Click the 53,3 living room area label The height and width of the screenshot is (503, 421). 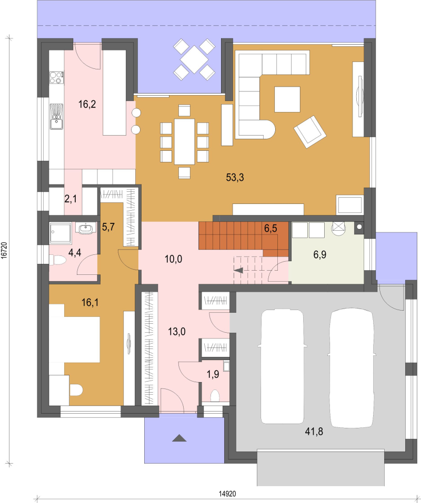tap(235, 177)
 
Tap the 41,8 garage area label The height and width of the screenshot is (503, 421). tap(314, 432)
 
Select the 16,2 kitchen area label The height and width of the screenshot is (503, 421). tap(87, 104)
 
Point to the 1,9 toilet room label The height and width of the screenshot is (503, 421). tap(213, 374)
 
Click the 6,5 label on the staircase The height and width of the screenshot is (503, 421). tap(270, 229)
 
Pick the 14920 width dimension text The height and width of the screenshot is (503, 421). tap(227, 494)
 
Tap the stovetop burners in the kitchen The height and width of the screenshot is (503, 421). tap(56, 77)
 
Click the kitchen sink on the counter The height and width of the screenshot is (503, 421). tap(56, 116)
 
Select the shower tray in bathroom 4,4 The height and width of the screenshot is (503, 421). tap(61, 233)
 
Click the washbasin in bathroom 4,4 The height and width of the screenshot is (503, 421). tap(85, 229)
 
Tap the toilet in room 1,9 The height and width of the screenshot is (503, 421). tap(215, 396)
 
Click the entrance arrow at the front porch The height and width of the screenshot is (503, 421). tap(179, 438)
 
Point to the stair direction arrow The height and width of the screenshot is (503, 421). tap(238, 270)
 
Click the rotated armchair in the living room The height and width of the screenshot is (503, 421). tap(310, 132)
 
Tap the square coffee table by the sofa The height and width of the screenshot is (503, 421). tap(287, 99)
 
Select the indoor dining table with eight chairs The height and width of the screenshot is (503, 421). tap(185, 141)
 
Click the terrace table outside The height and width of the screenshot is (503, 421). tap(194, 59)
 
